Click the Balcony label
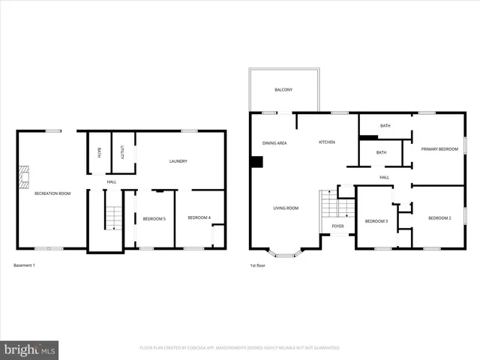click(x=283, y=90)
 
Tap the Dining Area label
click(x=274, y=142)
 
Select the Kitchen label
click(x=326, y=142)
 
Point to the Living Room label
click(x=286, y=208)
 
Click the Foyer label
click(x=338, y=226)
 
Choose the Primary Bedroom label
click(x=439, y=149)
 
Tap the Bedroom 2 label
click(x=439, y=217)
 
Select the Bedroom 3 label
click(x=376, y=221)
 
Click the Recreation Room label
click(x=52, y=193)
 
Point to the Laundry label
click(x=178, y=160)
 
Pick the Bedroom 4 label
click(x=199, y=217)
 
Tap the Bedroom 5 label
click(x=154, y=218)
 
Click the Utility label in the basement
click(x=124, y=152)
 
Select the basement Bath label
click(x=99, y=152)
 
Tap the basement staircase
click(x=112, y=217)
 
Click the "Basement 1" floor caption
click(x=24, y=265)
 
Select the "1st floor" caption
click(x=259, y=265)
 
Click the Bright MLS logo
click(x=30, y=349)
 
